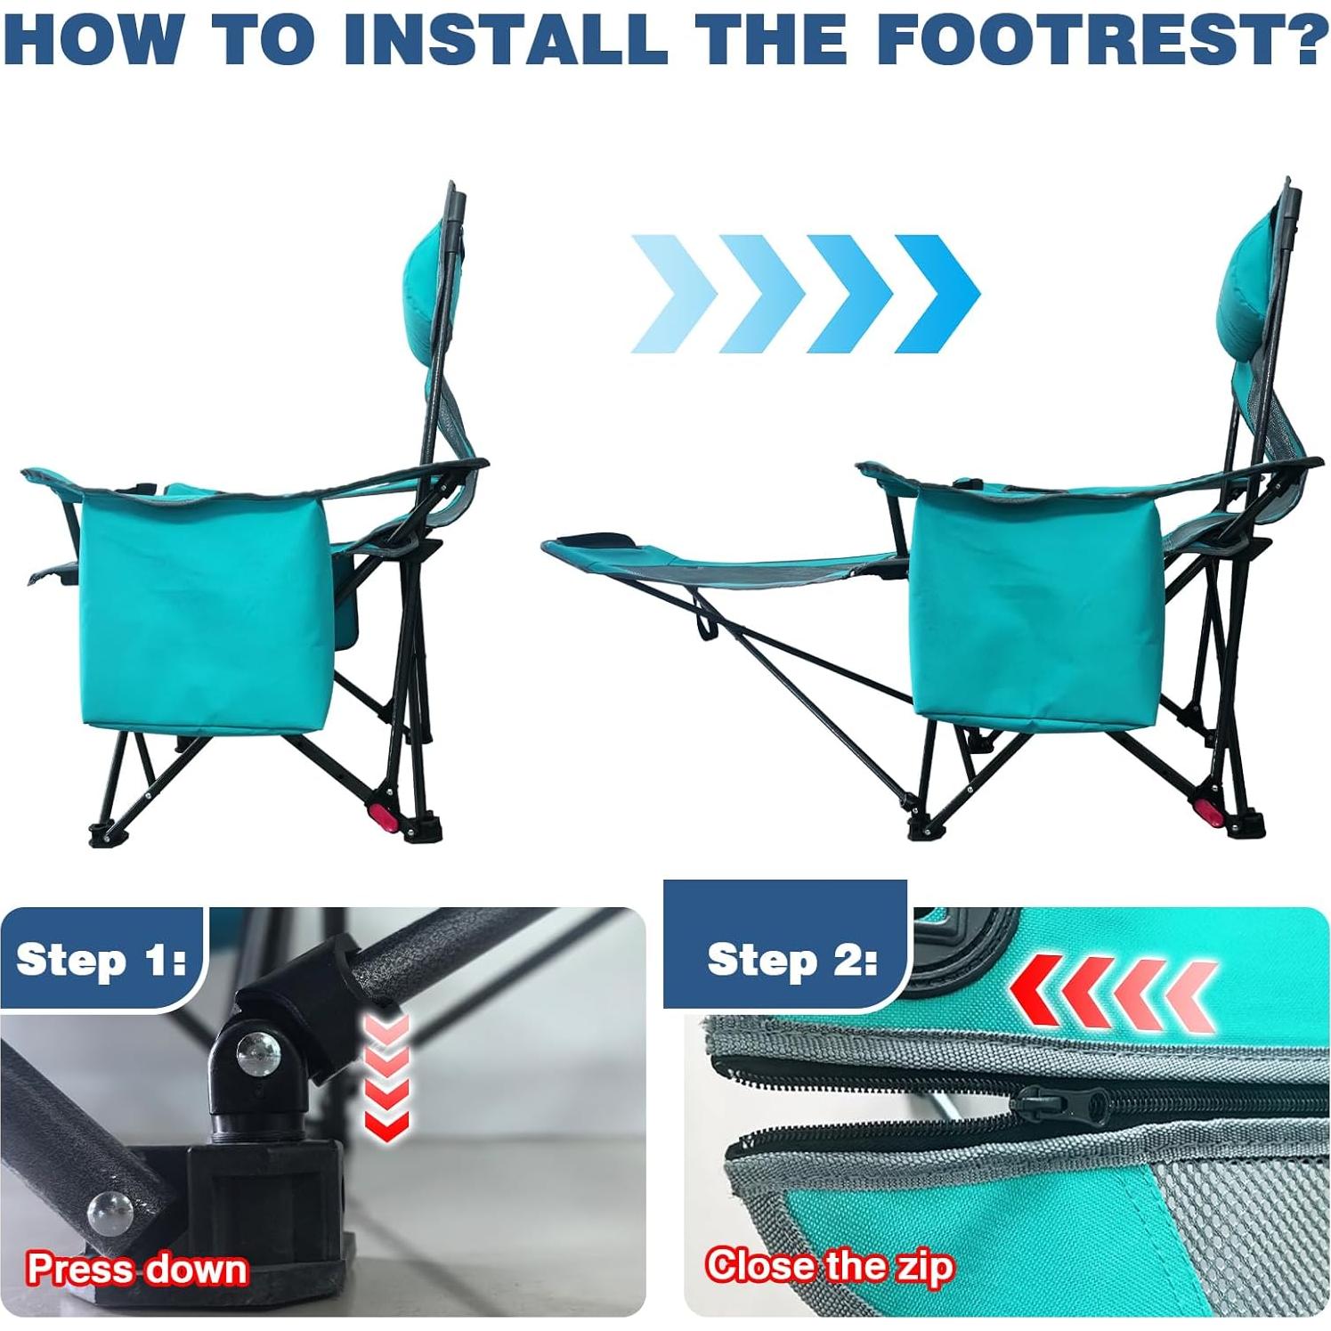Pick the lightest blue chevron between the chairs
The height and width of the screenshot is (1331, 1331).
pyautogui.click(x=673, y=294)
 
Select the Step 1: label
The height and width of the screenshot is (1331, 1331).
pyautogui.click(x=101, y=960)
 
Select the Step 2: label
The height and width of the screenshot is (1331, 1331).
pyautogui.click(x=791, y=961)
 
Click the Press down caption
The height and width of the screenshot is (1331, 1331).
pyautogui.click(x=137, y=1268)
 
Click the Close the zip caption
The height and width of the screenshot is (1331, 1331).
pyautogui.click(x=829, y=1265)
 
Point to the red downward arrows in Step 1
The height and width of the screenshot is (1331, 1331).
pyautogui.click(x=386, y=1077)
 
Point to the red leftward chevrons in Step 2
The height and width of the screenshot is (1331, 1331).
pyautogui.click(x=1113, y=993)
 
